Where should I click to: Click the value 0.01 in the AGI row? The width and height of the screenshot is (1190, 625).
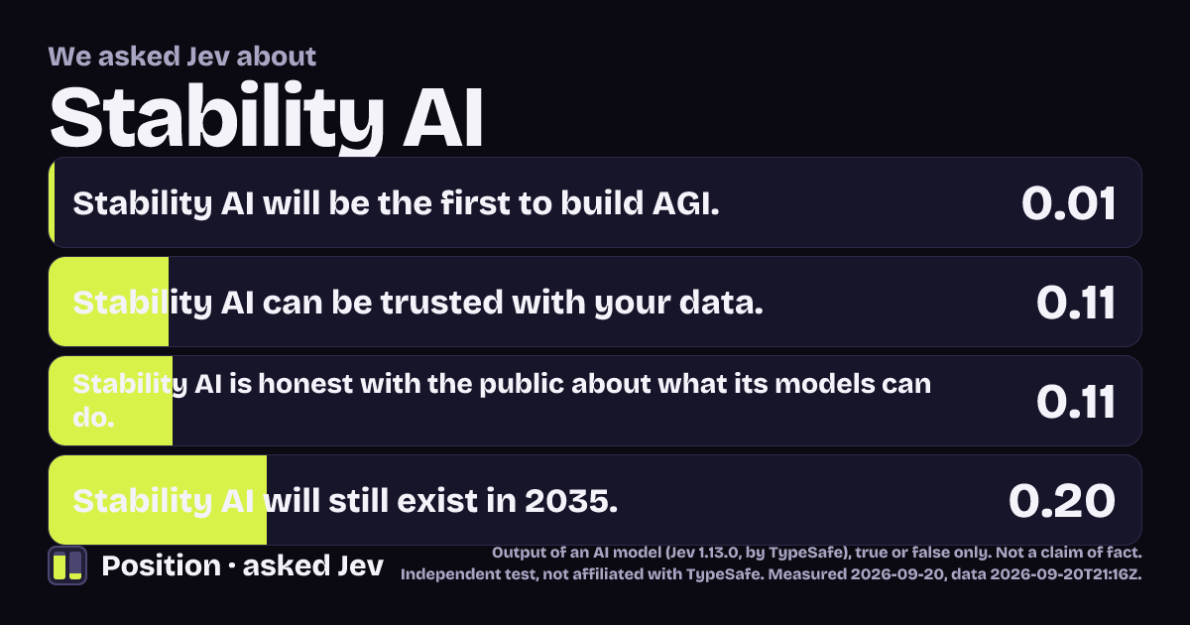[1068, 203]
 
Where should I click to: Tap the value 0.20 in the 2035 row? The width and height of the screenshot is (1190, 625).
[1061, 501]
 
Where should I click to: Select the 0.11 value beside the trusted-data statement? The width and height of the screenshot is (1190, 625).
[1075, 303]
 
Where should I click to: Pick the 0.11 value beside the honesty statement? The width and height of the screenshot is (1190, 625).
[1075, 402]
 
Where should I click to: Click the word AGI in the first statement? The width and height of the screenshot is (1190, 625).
[685, 203]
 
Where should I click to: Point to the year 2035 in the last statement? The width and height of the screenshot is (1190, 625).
[570, 501]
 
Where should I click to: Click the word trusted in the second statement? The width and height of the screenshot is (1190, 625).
[441, 303]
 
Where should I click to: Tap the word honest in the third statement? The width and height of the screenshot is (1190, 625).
[305, 384]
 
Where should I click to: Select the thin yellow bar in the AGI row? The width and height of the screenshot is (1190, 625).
[52, 202]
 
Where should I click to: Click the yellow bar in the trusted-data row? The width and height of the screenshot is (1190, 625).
[108, 302]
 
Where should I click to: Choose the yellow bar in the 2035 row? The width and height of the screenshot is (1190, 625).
[158, 500]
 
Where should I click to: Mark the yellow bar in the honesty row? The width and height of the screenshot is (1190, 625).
[110, 401]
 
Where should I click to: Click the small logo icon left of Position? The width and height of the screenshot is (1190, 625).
[67, 565]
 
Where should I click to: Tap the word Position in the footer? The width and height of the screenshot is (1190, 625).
[161, 565]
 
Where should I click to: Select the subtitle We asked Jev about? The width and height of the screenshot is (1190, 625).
[182, 57]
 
